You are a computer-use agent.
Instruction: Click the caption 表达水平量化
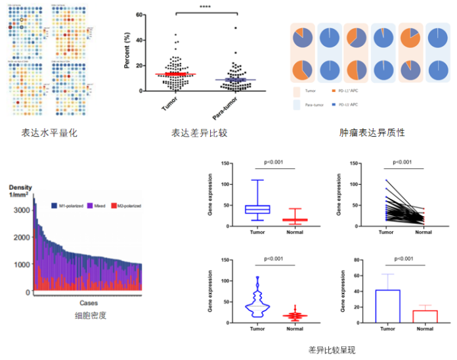tap(50, 133)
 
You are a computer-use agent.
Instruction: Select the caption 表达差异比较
tap(200, 133)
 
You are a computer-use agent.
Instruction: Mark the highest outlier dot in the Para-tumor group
tap(235, 28)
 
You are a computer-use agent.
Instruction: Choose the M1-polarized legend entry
tap(68, 206)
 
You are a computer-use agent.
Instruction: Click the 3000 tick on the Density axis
tap(21, 210)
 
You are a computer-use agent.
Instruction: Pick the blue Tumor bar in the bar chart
tap(387, 305)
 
